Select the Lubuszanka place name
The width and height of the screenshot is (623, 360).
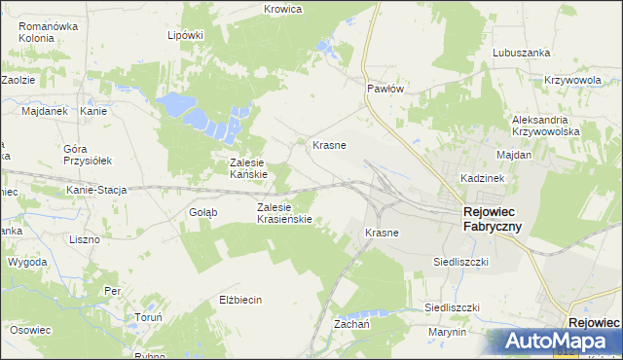tap(522, 53)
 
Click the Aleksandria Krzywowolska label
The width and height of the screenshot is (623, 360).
tap(546, 125)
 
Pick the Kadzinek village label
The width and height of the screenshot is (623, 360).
tap(480, 180)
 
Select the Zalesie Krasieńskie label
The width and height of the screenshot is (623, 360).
tap(283, 213)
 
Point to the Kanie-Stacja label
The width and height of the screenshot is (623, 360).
tap(97, 190)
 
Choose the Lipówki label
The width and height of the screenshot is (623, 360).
tap(185, 35)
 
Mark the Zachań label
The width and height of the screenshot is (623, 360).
tap(351, 323)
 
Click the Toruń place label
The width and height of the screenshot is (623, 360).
tap(121, 317)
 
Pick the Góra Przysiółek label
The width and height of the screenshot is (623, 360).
tap(88, 155)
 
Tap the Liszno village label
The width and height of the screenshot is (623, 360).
tap(86, 238)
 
